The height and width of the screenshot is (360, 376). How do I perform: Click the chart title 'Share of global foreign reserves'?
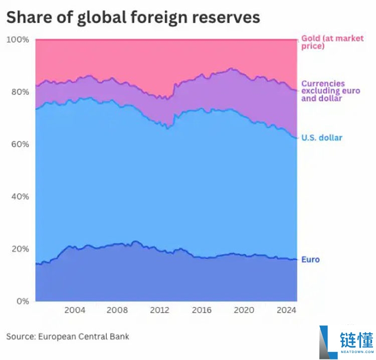coord(133,17)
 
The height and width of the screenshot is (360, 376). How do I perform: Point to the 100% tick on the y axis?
coord(18,40)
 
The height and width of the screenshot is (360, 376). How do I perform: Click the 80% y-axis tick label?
coord(20,92)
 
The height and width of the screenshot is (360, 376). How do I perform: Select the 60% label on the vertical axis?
coord(20,144)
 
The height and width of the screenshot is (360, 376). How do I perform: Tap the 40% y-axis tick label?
coord(20,197)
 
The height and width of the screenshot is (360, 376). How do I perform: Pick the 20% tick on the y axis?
coord(20,249)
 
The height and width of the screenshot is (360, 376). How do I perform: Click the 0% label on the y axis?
coord(22,301)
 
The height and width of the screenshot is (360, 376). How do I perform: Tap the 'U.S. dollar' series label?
coord(321,137)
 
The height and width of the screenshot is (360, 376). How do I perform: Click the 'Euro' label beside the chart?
coord(310,260)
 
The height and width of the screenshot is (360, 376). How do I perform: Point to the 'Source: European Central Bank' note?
coord(68,336)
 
